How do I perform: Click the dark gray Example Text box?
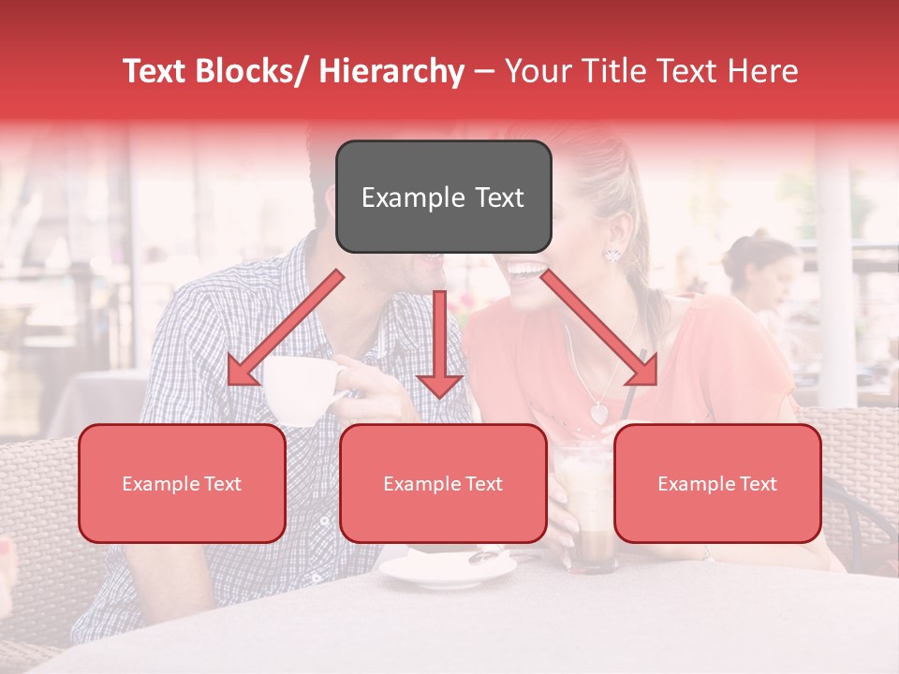(443, 197)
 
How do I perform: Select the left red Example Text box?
(182, 483)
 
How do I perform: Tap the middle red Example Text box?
(443, 483)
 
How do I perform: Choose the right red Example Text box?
(717, 483)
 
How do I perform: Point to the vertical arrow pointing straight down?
(439, 343)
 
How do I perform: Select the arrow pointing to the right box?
(599, 329)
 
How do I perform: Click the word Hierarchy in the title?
(391, 71)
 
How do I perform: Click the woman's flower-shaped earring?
(613, 253)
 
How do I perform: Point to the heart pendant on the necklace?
(597, 411)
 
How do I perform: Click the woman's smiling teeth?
(526, 271)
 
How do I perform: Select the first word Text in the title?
(157, 71)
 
